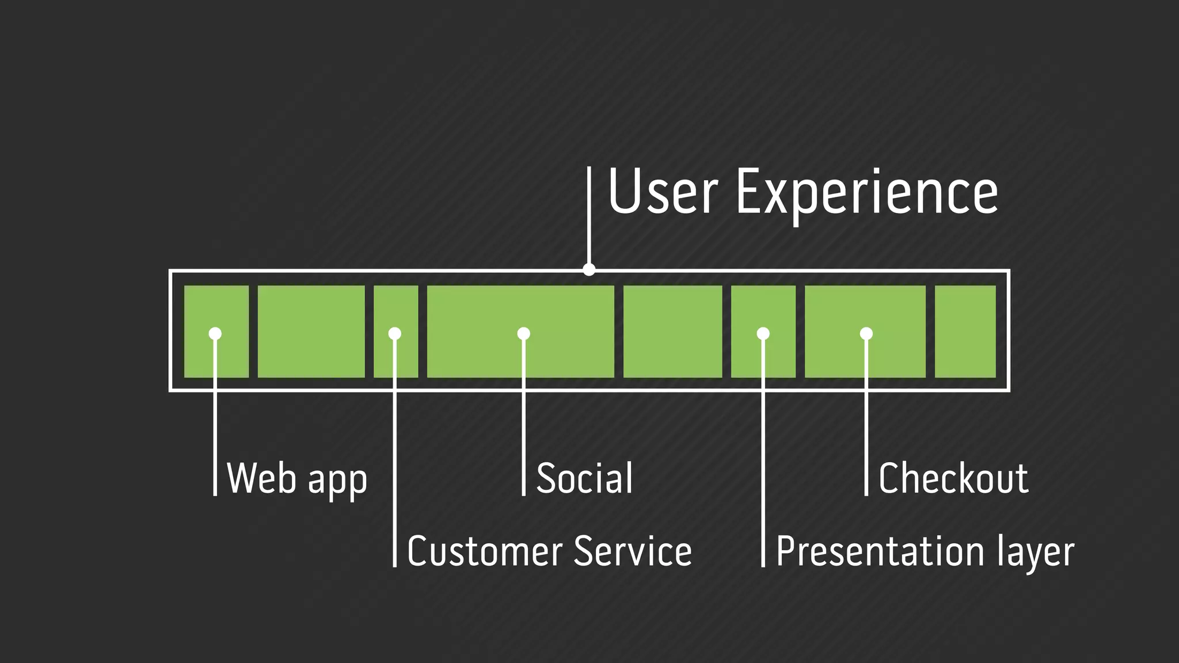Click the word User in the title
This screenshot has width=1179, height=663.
663,192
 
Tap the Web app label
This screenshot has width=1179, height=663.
296,478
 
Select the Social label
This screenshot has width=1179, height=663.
584,478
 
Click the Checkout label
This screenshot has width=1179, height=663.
953,478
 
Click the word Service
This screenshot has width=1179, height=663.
633,551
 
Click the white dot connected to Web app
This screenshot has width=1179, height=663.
215,333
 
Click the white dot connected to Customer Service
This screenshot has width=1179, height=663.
395,333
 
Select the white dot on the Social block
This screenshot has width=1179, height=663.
523,333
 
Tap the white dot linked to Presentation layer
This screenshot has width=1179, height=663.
763,333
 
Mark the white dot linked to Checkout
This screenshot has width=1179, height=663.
866,333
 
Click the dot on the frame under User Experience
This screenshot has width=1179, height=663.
589,269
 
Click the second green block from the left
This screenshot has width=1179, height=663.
311,331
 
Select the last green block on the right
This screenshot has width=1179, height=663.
965,331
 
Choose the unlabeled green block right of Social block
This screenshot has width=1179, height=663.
672,331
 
